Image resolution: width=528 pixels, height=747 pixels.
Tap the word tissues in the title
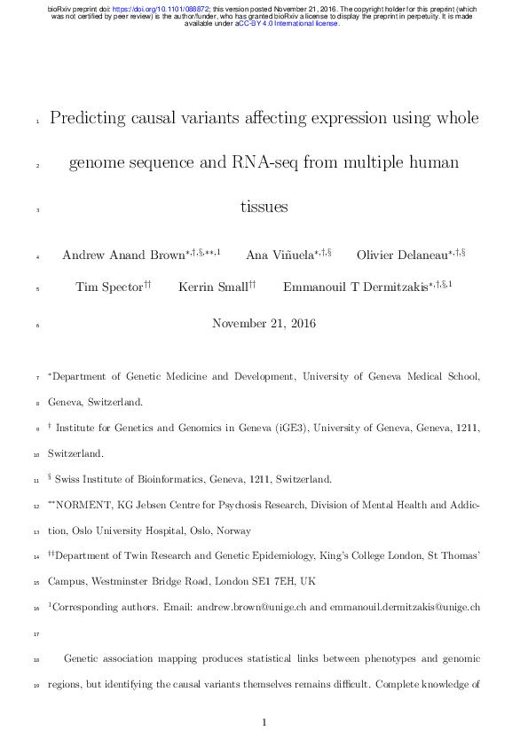click(x=264, y=208)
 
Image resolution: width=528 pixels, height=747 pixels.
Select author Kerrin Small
click(x=212, y=287)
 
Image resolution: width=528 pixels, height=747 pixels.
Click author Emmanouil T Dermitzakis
click(x=355, y=287)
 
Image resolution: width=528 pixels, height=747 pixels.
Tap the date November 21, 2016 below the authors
click(x=264, y=324)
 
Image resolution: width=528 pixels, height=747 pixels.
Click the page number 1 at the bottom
click(x=264, y=723)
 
